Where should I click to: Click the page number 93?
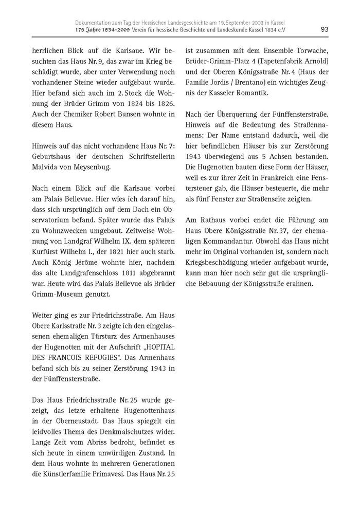(324, 29)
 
